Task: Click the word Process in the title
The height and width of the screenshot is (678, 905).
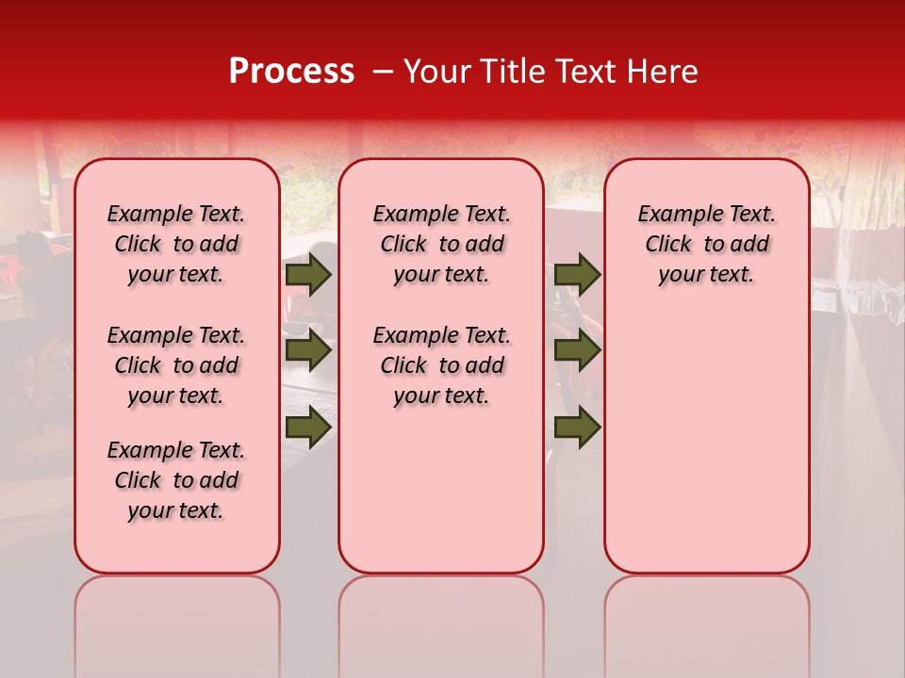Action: click(291, 72)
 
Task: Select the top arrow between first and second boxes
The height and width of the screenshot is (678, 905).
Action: click(308, 275)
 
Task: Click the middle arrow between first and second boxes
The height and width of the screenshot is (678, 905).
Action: click(308, 350)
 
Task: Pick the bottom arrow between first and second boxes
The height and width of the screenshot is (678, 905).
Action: click(308, 427)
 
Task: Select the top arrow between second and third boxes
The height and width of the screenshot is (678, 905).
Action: click(577, 275)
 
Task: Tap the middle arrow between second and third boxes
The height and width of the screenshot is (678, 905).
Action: click(577, 350)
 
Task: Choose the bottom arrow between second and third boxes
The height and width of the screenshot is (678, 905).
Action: click(577, 427)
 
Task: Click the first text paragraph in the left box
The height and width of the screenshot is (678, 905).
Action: click(176, 244)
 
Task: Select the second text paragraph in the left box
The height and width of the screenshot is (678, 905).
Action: click(176, 365)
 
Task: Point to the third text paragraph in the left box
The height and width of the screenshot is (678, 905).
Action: click(176, 480)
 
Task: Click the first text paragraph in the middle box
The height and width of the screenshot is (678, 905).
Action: click(441, 244)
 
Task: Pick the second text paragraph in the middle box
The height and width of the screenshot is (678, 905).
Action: click(441, 365)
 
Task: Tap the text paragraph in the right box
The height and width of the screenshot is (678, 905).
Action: click(707, 244)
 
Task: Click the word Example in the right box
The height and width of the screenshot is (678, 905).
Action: click(672, 215)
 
